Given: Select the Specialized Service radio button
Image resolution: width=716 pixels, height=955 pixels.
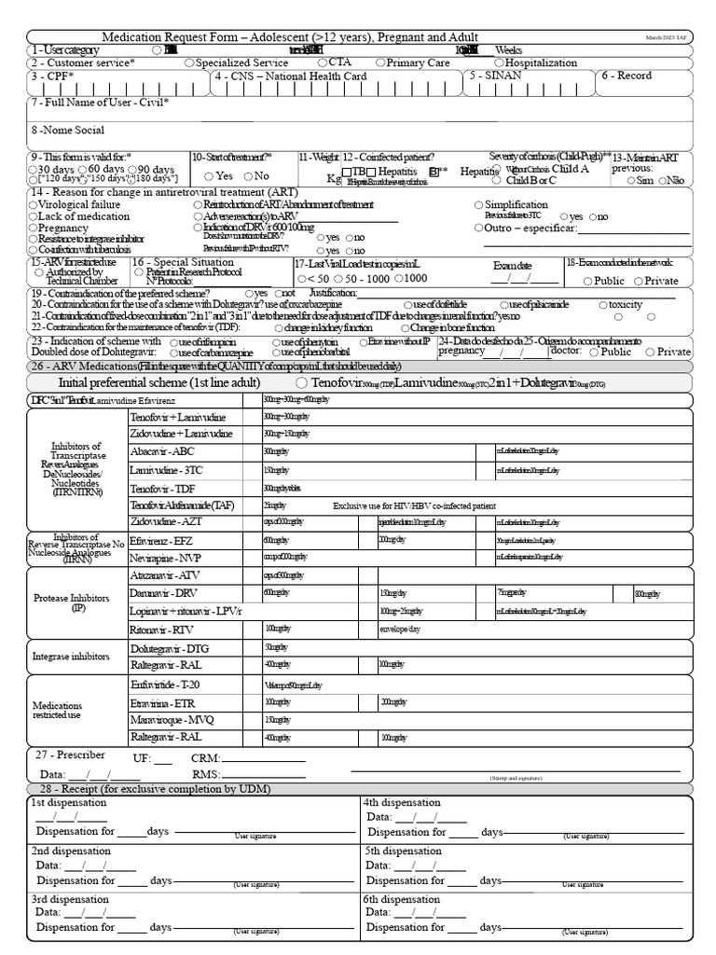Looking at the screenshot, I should (189, 62).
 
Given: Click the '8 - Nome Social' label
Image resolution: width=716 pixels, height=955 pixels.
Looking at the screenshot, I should (67, 131).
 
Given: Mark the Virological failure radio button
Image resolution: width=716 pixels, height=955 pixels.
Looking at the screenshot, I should (34, 204).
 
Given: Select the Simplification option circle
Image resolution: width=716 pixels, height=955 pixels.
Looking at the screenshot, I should (478, 204).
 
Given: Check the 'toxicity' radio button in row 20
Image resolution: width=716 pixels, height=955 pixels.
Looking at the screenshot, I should (601, 305).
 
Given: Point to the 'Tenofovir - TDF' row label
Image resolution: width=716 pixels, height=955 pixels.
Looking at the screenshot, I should (165, 488).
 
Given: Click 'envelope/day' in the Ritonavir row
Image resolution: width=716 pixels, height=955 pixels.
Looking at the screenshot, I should (400, 630).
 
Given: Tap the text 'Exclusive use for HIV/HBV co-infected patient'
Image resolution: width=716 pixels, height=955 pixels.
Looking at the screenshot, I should (414, 505).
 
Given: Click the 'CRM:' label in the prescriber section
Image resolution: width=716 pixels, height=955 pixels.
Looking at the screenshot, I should (205, 759).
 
